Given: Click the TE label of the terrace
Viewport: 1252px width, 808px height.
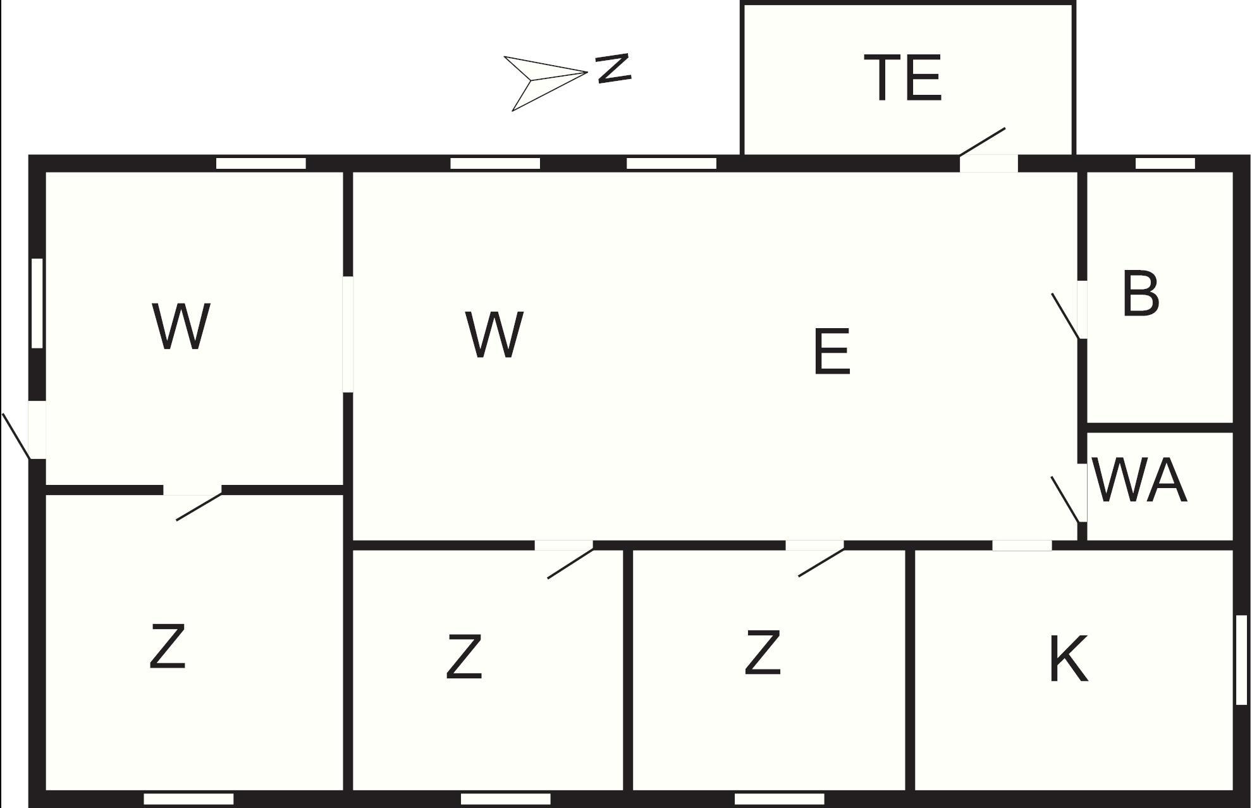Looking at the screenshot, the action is (x=903, y=78).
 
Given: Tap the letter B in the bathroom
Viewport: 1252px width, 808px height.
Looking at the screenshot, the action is (x=1141, y=294).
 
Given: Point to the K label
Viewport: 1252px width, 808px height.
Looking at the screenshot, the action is (x=1068, y=659).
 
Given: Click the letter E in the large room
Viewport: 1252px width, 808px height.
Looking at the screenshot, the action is (x=832, y=352).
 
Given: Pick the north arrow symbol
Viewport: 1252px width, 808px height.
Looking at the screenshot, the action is (x=545, y=82).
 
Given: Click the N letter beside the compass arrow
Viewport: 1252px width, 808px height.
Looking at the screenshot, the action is (x=613, y=68).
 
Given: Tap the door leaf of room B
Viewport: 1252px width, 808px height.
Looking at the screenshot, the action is (x=1065, y=315).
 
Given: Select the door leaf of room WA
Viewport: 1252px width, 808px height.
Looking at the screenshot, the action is (x=1065, y=499).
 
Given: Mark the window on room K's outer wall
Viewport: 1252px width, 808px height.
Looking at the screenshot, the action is (x=1241, y=659).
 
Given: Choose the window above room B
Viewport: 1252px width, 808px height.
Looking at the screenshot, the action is (x=1165, y=164).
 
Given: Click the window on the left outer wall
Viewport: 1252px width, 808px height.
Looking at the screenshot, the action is (x=37, y=303).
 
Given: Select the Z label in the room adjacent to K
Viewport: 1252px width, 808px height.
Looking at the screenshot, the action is (x=763, y=652).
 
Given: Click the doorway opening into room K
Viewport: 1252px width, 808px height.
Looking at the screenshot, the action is (x=1022, y=545).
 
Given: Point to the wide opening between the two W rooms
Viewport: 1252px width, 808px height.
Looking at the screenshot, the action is (x=348, y=334).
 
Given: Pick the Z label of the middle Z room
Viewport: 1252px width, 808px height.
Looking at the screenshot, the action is (x=464, y=658).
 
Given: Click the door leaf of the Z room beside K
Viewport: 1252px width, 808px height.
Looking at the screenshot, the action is (x=821, y=563).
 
